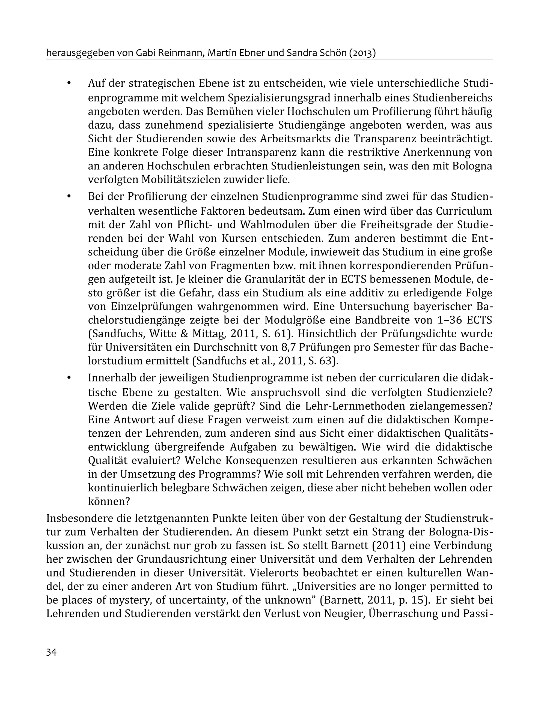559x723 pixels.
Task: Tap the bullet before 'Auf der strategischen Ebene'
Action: [69, 83]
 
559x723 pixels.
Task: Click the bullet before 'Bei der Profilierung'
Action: [69, 197]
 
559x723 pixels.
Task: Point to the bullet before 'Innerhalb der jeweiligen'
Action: [69, 378]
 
